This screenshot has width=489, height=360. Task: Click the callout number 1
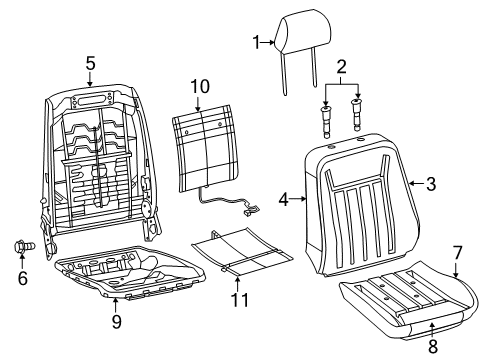[256, 42]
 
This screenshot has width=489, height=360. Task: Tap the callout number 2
[342, 68]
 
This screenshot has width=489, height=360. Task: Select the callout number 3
[431, 183]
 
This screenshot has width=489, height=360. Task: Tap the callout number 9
[115, 322]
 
